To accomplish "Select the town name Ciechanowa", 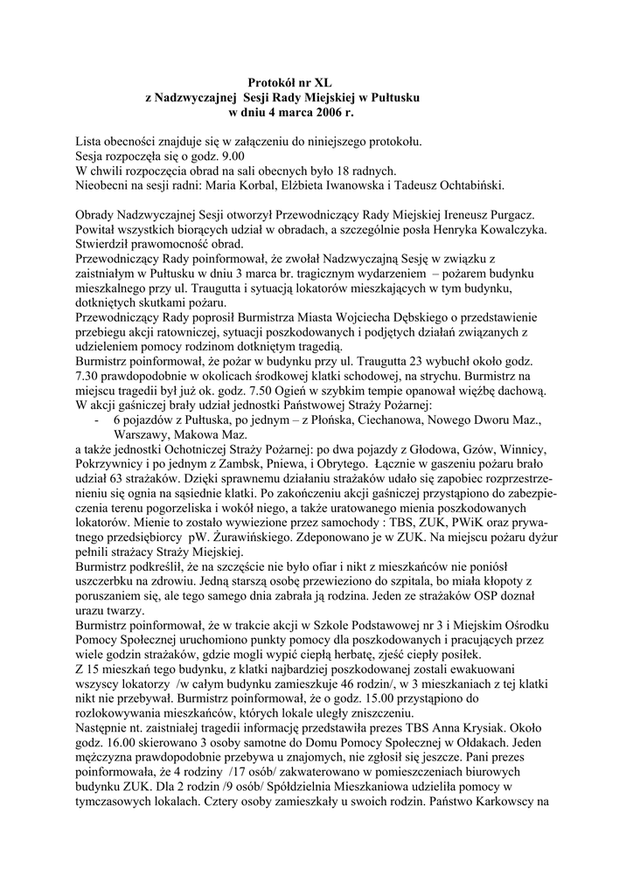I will pyautogui.click(x=376, y=420).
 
